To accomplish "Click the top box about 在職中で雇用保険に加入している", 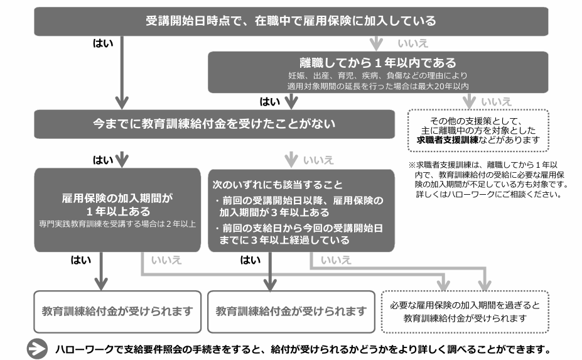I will (291, 21).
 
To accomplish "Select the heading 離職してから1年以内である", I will (378, 63).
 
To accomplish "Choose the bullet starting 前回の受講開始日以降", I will (298, 206).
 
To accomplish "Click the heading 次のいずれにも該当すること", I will (276, 185).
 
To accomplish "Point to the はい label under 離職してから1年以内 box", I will (270, 101).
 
